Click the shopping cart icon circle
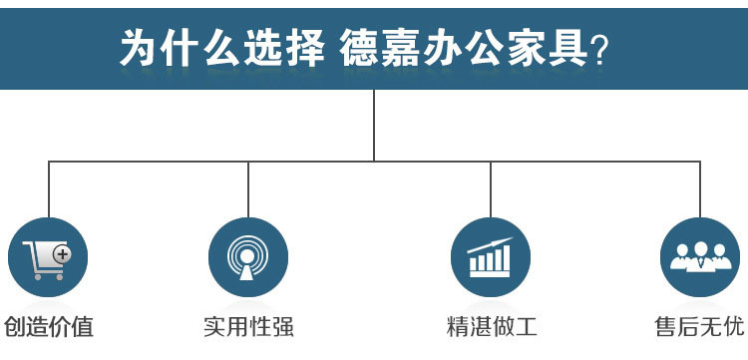click(48, 257)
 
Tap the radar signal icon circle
click(248, 257)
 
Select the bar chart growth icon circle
click(491, 257)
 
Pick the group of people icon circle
click(700, 257)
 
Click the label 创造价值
click(49, 326)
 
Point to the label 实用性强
click(248, 326)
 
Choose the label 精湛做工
click(492, 326)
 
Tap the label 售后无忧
click(699, 326)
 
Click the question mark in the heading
click(600, 49)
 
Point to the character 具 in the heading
click(565, 47)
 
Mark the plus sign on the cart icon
click(62, 254)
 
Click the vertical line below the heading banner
click(374, 125)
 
